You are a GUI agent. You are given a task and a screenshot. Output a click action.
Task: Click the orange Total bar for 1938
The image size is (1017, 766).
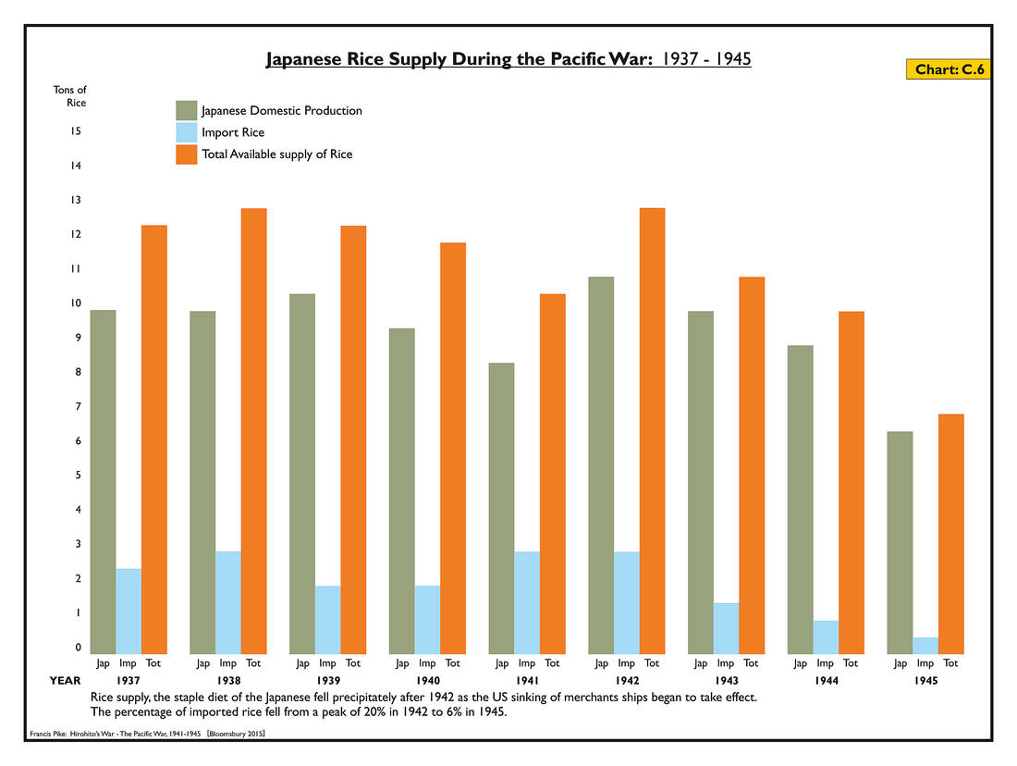point(253,431)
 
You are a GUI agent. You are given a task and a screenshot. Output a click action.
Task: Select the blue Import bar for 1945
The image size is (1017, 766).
point(925,645)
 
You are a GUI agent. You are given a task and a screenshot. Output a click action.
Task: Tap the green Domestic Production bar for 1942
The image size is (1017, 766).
point(601,465)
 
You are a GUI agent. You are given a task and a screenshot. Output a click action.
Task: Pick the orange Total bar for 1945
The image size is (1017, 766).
point(951,534)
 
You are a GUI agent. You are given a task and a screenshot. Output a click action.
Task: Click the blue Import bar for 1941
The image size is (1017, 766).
point(527,602)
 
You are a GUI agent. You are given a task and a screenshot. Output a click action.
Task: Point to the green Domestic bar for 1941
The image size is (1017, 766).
point(501,508)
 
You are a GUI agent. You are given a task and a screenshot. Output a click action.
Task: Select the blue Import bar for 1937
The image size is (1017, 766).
point(129,611)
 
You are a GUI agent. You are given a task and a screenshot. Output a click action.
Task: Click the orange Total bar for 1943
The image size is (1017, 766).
point(752,465)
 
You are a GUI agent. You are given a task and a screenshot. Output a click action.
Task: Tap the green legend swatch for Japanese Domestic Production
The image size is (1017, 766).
point(186,110)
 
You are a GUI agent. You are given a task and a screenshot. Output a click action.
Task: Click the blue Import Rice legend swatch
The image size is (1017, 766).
point(186,132)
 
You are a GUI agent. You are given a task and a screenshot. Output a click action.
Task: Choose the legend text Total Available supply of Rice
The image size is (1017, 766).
point(276,154)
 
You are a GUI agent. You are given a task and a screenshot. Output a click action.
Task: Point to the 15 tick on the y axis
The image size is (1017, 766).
point(76,131)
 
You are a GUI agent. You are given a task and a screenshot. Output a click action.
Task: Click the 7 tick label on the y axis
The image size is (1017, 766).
point(78,406)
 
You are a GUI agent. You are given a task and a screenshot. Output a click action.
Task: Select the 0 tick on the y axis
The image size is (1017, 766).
point(78,648)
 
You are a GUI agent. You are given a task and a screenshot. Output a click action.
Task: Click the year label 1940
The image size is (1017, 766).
point(427,680)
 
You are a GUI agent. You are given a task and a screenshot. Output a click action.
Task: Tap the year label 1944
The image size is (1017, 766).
point(826,680)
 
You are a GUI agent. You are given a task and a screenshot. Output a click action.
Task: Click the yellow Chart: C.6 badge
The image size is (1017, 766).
point(948,69)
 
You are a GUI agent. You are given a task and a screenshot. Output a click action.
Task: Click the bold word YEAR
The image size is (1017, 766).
point(65,680)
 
